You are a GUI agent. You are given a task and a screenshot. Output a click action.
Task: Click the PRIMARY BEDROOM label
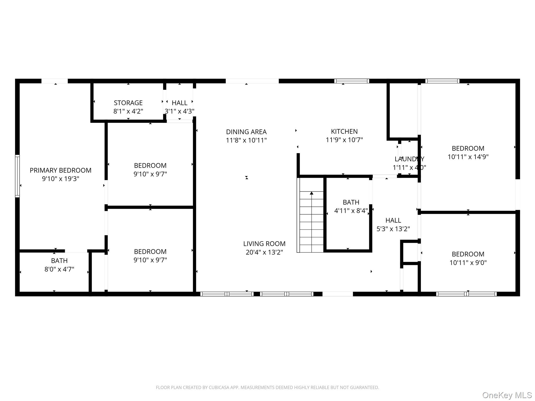pos(60,170)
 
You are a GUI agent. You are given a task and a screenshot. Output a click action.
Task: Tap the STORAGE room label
pos(128,103)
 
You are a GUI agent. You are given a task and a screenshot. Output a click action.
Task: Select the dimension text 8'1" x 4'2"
pos(128,111)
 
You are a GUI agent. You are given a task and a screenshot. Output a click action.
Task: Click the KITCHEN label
pos(344,131)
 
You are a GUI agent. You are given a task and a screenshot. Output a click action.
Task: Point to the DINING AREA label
pos(246,132)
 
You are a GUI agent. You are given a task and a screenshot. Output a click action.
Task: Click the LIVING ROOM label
pos(264,244)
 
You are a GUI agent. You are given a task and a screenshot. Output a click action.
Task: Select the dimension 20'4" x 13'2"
pos(264,252)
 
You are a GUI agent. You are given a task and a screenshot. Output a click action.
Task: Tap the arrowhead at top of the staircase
pos(311,193)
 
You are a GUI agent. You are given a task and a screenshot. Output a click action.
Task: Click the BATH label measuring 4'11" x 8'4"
pos(351,202)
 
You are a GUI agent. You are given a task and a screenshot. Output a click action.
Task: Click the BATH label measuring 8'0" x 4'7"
pos(59,261)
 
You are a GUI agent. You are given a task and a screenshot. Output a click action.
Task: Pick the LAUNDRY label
pos(409,159)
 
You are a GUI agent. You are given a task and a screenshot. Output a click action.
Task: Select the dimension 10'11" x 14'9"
pos(468,157)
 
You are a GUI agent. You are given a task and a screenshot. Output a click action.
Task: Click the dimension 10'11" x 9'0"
pos(468,263)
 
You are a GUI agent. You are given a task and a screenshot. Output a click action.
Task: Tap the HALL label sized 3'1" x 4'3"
pos(179,103)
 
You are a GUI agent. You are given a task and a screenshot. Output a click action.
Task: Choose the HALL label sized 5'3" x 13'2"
pos(393,220)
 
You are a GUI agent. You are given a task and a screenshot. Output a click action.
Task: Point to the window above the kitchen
pos(352,81)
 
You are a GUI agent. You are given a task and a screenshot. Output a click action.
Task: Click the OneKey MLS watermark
pos(507,395)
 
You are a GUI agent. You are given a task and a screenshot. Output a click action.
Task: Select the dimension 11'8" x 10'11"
pos(246,140)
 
